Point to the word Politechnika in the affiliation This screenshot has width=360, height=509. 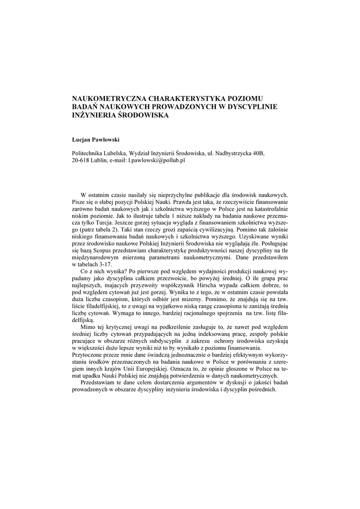pos(89,154)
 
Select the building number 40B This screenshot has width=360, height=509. pos(259,154)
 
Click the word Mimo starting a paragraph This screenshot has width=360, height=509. pos(88,329)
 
